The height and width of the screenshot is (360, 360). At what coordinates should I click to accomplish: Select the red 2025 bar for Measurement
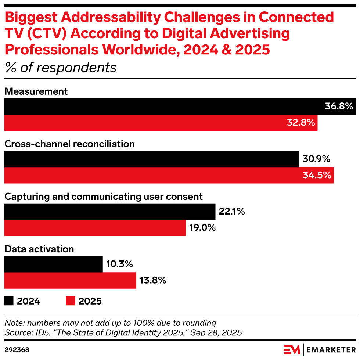(147, 123)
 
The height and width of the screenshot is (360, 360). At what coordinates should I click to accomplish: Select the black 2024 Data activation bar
(53, 264)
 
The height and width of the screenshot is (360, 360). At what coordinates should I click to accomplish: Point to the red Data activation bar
(70, 281)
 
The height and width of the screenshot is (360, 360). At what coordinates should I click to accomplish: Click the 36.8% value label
(339, 107)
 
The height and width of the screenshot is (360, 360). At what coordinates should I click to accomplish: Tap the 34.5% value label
(317, 176)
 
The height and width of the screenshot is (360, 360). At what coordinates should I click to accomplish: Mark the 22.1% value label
(231, 212)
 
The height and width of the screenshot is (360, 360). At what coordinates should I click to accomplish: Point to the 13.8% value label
(153, 281)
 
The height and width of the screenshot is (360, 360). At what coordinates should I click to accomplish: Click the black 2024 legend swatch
(9, 301)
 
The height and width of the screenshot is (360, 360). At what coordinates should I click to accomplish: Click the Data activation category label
(39, 249)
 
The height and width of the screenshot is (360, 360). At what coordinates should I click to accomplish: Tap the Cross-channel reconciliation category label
(69, 144)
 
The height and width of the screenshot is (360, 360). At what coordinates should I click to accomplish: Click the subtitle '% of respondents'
(60, 68)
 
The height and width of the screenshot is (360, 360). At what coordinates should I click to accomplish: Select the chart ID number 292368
(17, 349)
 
